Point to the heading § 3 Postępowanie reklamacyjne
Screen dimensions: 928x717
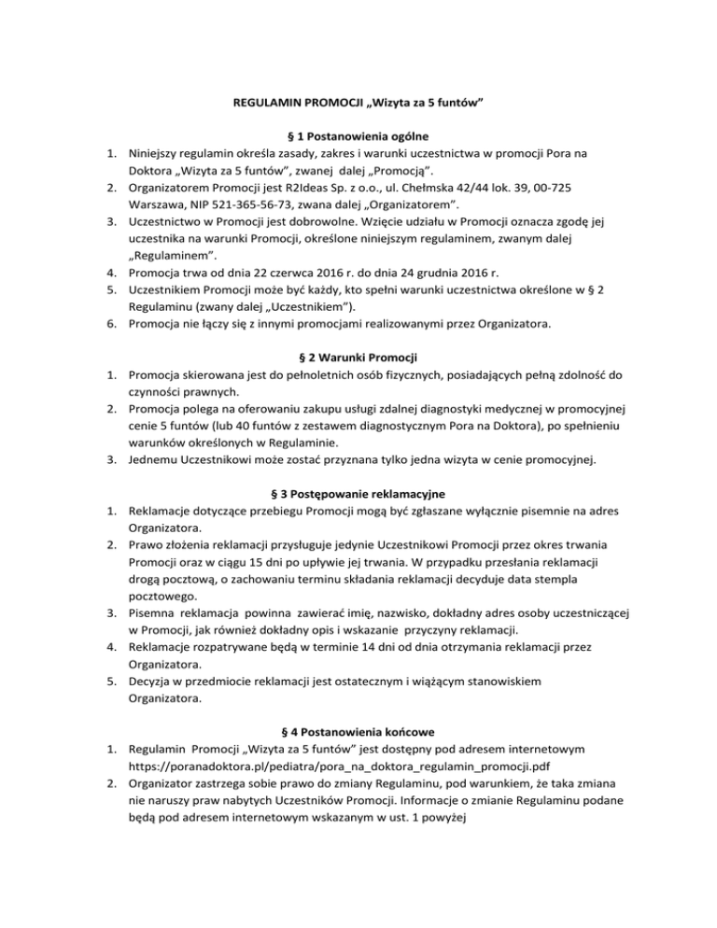(358, 488)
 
